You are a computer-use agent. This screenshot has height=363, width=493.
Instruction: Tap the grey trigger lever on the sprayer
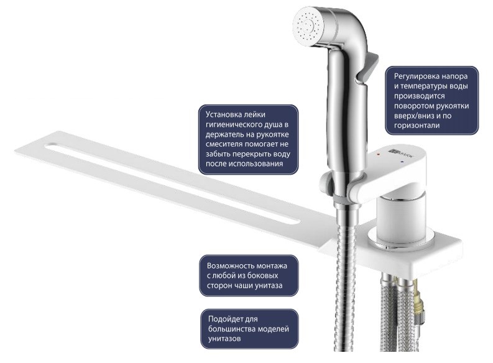pyautogui.click(x=369, y=68)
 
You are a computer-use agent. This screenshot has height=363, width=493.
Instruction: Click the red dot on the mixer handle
pyautogui.click(x=377, y=155)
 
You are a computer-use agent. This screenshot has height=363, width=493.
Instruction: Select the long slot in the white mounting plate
pyautogui.click(x=173, y=184)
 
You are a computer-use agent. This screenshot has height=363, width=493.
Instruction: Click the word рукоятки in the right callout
pyautogui.click(x=453, y=106)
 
